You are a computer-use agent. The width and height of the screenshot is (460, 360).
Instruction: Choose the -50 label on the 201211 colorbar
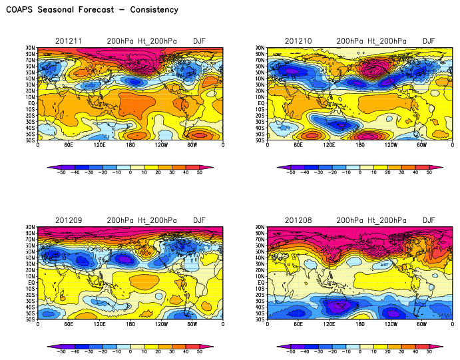click(x=61, y=172)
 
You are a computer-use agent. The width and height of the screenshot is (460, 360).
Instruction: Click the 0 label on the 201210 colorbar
click(x=359, y=172)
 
